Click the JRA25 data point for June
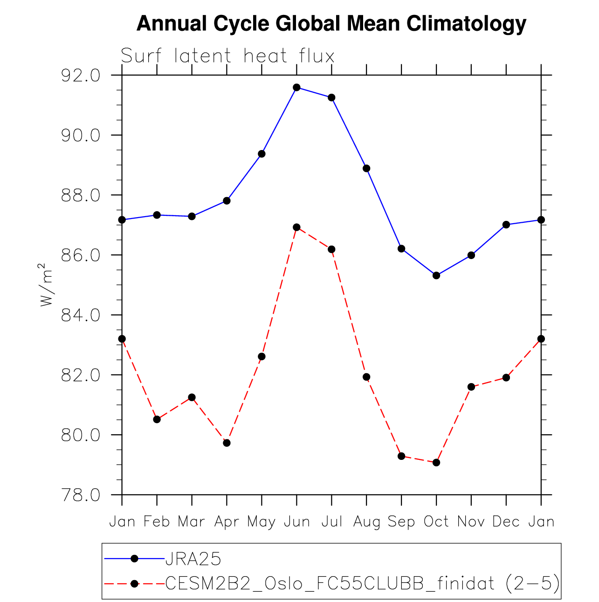pyautogui.click(x=296, y=87)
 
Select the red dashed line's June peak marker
pyautogui.click(x=296, y=227)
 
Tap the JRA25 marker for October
pyautogui.click(x=436, y=275)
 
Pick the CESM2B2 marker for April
pyautogui.click(x=227, y=443)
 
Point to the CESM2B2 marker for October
pyautogui.click(x=436, y=462)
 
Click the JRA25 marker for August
pyautogui.click(x=366, y=168)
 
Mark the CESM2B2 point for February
pyautogui.click(x=157, y=419)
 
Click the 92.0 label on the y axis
pyautogui.click(x=81, y=75)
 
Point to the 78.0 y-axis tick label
pyautogui.click(x=81, y=495)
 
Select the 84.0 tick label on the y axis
pyautogui.click(x=81, y=315)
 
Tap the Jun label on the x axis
pyautogui.click(x=296, y=521)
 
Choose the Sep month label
pyautogui.click(x=401, y=521)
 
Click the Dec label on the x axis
pyautogui.click(x=506, y=521)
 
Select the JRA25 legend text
pyautogui.click(x=193, y=558)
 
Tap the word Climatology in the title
pyautogui.click(x=466, y=23)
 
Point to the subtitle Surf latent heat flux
pyautogui.click(x=227, y=56)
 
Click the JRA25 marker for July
pyautogui.click(x=331, y=97)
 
